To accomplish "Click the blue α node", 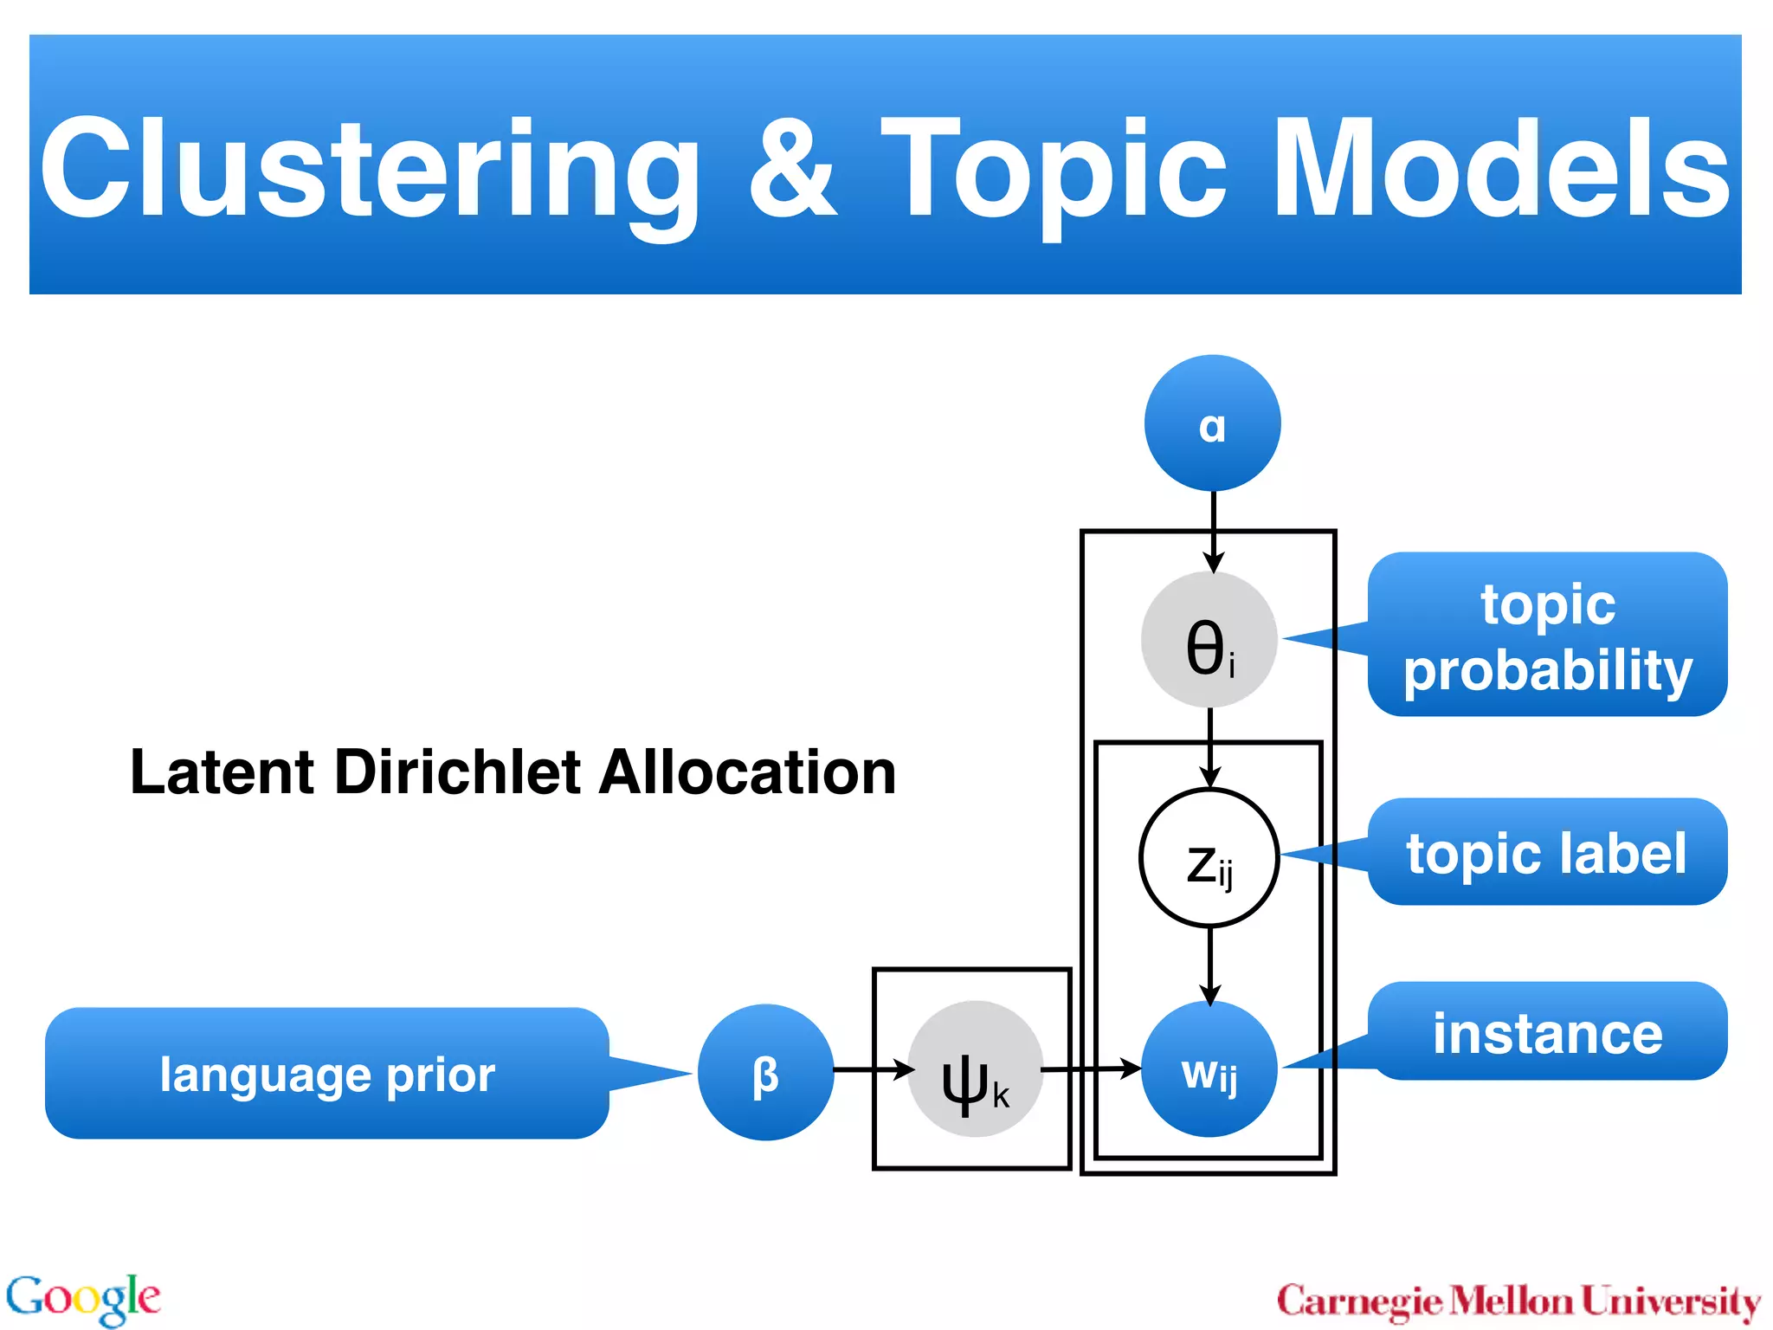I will pyautogui.click(x=1212, y=423).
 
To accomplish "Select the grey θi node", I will pyautogui.click(x=1209, y=640).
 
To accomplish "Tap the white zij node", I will pyautogui.click(x=1209, y=858).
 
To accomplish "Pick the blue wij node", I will pyautogui.click(x=1209, y=1069).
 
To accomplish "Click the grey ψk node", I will pyautogui.click(x=976, y=1069).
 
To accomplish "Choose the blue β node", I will pyautogui.click(x=765, y=1072).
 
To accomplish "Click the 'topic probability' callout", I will pyautogui.click(x=1547, y=635).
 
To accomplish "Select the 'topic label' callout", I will pyautogui.click(x=1547, y=853).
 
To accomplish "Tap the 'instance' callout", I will pyautogui.click(x=1547, y=1032).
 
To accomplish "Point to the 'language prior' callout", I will pyautogui.click(x=327, y=1074).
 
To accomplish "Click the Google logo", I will pyautogui.click(x=83, y=1299).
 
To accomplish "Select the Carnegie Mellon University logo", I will pyautogui.click(x=1518, y=1301).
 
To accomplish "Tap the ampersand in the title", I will pyautogui.click(x=792, y=169).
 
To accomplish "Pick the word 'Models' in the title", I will pyautogui.click(x=1501, y=169).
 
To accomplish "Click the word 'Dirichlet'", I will pyautogui.click(x=464, y=772).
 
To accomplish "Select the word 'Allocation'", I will pyautogui.click(x=747, y=772).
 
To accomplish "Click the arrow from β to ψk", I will pyautogui.click(x=873, y=1070).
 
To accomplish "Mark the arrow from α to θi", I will pyautogui.click(x=1213, y=530).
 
